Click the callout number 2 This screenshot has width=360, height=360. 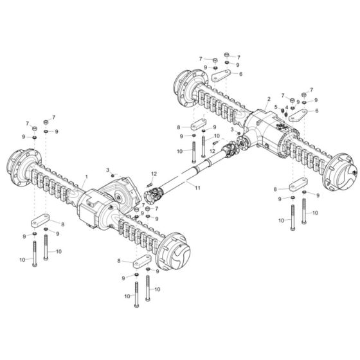(267, 100)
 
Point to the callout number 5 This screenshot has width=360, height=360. (276, 107)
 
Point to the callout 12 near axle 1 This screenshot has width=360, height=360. (154, 174)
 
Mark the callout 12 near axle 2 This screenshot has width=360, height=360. (212, 150)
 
